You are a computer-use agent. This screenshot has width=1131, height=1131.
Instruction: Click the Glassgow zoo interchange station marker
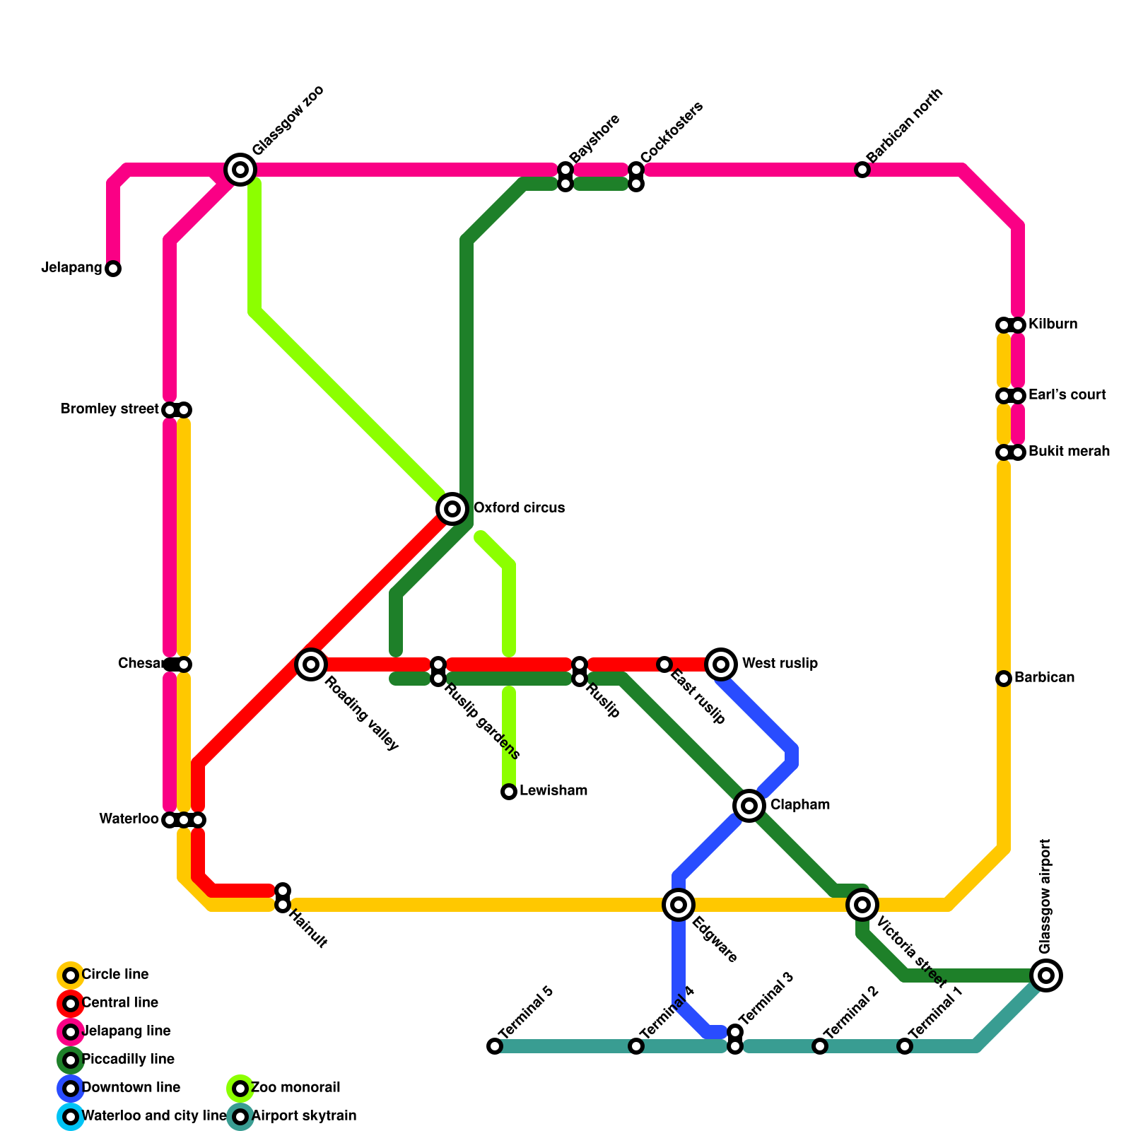pyautogui.click(x=240, y=170)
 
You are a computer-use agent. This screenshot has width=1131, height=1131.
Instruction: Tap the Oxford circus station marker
pyautogui.click(x=452, y=508)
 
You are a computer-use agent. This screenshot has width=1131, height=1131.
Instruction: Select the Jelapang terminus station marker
pyautogui.click(x=113, y=269)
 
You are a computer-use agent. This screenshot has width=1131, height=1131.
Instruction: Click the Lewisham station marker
pyautogui.click(x=509, y=792)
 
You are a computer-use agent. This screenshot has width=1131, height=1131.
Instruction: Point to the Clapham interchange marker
pyautogui.click(x=749, y=805)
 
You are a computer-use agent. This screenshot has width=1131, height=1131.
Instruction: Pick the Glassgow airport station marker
pyautogui.click(x=1046, y=975)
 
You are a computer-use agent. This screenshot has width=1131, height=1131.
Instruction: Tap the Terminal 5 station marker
pyautogui.click(x=495, y=1046)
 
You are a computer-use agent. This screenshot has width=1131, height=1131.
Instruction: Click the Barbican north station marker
pyautogui.click(x=862, y=170)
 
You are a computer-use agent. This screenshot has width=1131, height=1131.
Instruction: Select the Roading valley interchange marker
pyautogui.click(x=311, y=664)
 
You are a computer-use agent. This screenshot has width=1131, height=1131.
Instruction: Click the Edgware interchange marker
pyautogui.click(x=679, y=904)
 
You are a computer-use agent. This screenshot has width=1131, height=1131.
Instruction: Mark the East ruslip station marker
pyautogui.click(x=664, y=664)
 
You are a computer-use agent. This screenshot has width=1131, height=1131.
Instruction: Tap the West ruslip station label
pyautogui.click(x=780, y=664)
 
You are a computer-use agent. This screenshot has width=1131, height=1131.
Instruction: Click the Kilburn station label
pyautogui.click(x=1053, y=324)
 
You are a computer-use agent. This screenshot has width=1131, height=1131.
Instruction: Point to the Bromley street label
pyautogui.click(x=110, y=409)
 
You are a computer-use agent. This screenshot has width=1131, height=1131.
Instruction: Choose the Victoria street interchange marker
pyautogui.click(x=862, y=904)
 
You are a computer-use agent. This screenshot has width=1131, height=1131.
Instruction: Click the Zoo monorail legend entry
pyautogui.click(x=295, y=1088)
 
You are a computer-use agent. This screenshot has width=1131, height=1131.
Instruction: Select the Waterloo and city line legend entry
pyautogui.click(x=153, y=1116)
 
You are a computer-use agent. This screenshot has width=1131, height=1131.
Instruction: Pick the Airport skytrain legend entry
pyautogui.click(x=303, y=1116)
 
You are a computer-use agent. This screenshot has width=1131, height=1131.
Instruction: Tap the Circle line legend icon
pyautogui.click(x=71, y=975)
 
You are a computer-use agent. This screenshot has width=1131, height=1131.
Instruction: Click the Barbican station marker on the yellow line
pyautogui.click(x=1004, y=679)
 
